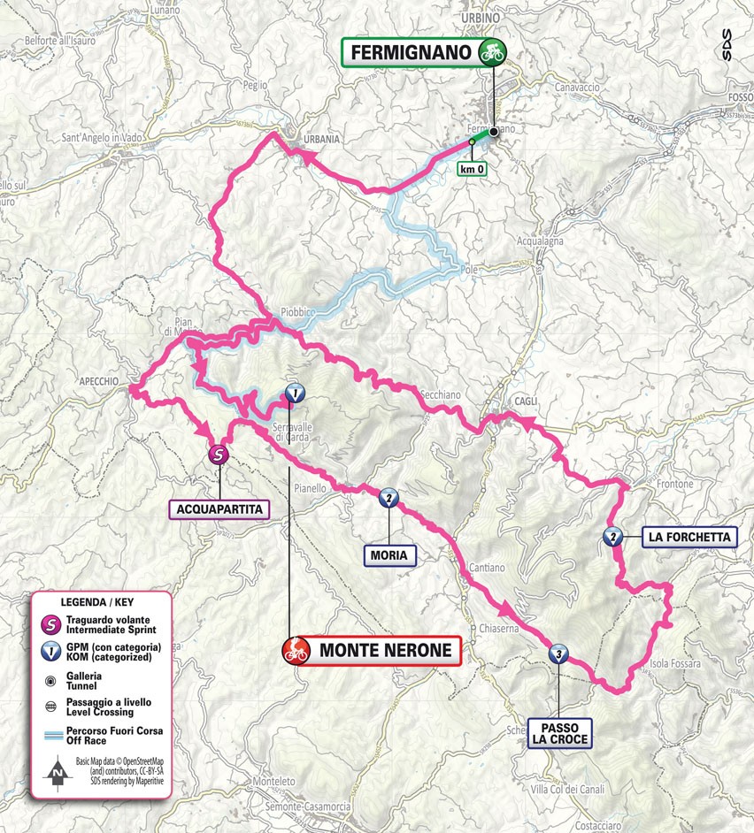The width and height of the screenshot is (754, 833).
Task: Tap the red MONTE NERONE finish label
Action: (x=372, y=652)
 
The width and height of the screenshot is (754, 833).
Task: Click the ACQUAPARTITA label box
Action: (x=219, y=508)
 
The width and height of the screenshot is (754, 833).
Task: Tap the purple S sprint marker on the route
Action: (x=218, y=455)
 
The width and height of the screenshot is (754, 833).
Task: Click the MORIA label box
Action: (x=389, y=555)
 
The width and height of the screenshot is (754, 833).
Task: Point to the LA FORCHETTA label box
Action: (x=689, y=537)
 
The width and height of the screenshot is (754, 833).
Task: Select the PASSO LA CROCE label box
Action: (x=558, y=733)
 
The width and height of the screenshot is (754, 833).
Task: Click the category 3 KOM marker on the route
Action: (x=558, y=654)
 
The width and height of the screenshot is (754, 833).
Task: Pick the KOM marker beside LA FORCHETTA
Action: (x=611, y=536)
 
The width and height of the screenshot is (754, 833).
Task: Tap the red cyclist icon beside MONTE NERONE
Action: (x=294, y=652)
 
